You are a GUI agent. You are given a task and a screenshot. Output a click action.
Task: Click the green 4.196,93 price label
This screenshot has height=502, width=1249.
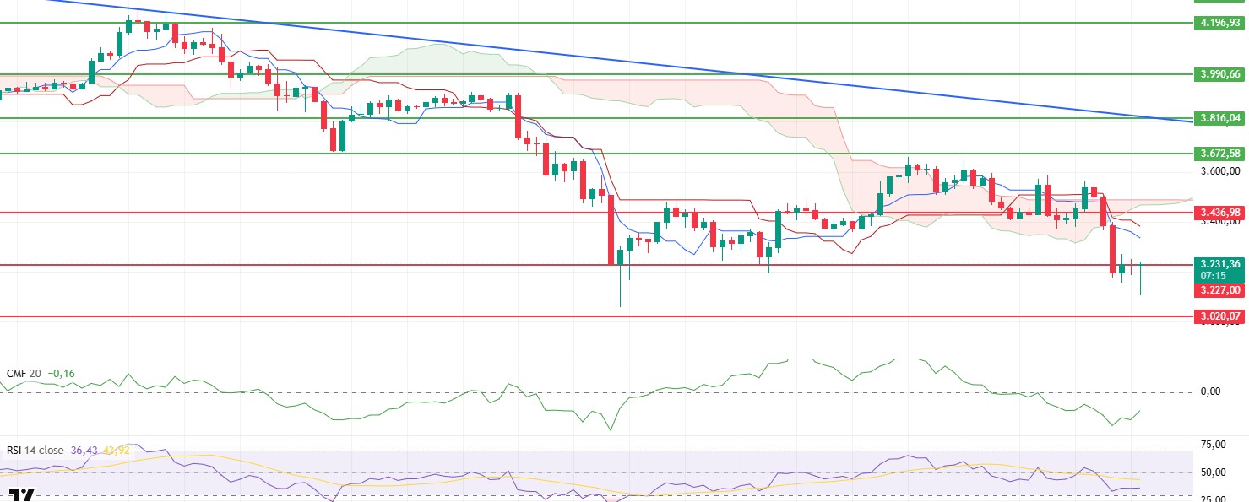click(x=1220, y=23)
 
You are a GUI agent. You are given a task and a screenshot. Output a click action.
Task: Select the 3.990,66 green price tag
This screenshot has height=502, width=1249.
click(x=1220, y=74)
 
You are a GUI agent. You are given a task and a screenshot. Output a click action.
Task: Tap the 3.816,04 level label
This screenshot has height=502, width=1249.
click(x=1220, y=118)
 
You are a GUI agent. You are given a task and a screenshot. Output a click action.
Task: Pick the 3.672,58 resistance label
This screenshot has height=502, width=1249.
click(x=1220, y=153)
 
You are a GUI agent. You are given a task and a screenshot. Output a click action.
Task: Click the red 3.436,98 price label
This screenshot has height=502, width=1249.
click(x=1220, y=213)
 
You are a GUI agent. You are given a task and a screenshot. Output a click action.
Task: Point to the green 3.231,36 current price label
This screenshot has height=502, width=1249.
click(x=1220, y=264)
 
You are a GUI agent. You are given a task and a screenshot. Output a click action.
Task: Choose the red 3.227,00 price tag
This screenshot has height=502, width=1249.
click(x=1220, y=289)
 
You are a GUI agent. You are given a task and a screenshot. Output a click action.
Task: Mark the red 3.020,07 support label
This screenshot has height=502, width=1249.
click(x=1220, y=316)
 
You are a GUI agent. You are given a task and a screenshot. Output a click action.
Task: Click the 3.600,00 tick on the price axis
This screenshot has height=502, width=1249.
click(x=1220, y=170)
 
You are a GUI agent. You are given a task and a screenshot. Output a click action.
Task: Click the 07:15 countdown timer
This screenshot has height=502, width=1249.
click(x=1220, y=276)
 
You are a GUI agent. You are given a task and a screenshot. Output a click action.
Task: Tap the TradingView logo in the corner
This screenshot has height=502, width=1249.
click(x=23, y=494)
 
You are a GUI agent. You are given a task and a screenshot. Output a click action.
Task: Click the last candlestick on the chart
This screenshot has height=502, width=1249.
click(x=1141, y=278)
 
